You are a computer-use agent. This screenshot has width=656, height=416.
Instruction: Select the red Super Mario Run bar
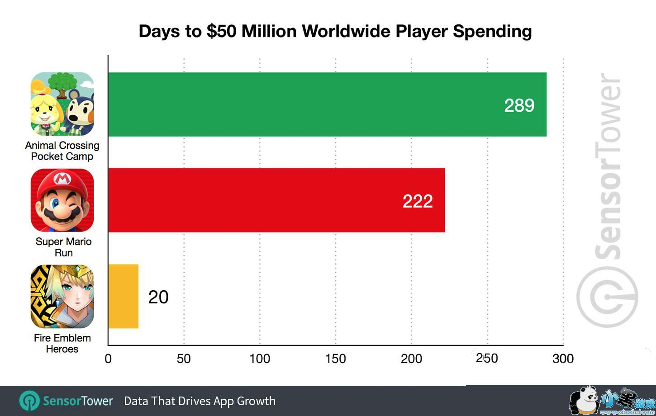point(276,200)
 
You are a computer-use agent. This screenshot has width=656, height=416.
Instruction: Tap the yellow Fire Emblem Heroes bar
point(123,296)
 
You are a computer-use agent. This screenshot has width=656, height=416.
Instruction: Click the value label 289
point(519,105)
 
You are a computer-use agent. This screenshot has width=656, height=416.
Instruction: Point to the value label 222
point(417,201)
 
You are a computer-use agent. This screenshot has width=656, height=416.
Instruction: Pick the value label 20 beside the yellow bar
point(158,297)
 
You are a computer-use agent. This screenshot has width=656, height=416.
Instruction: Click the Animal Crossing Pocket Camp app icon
point(62,104)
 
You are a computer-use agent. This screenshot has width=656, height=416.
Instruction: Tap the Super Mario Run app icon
point(62,200)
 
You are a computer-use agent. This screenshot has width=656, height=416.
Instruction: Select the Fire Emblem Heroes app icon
point(62,297)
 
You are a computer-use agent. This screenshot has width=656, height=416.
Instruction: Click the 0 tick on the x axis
point(108,359)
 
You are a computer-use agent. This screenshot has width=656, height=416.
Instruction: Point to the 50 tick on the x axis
point(184,359)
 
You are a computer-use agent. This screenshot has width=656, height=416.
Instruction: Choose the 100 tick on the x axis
point(260,359)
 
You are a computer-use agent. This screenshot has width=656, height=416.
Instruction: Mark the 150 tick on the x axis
point(335,359)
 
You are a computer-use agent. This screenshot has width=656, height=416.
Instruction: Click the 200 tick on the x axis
point(411,359)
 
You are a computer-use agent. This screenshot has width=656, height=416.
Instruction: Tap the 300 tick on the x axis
point(563,359)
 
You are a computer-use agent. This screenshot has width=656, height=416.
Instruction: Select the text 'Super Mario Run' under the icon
point(63,247)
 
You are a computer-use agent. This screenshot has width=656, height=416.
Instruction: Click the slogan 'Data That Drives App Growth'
point(200,401)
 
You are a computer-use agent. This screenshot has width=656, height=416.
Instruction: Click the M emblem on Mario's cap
point(62,180)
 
